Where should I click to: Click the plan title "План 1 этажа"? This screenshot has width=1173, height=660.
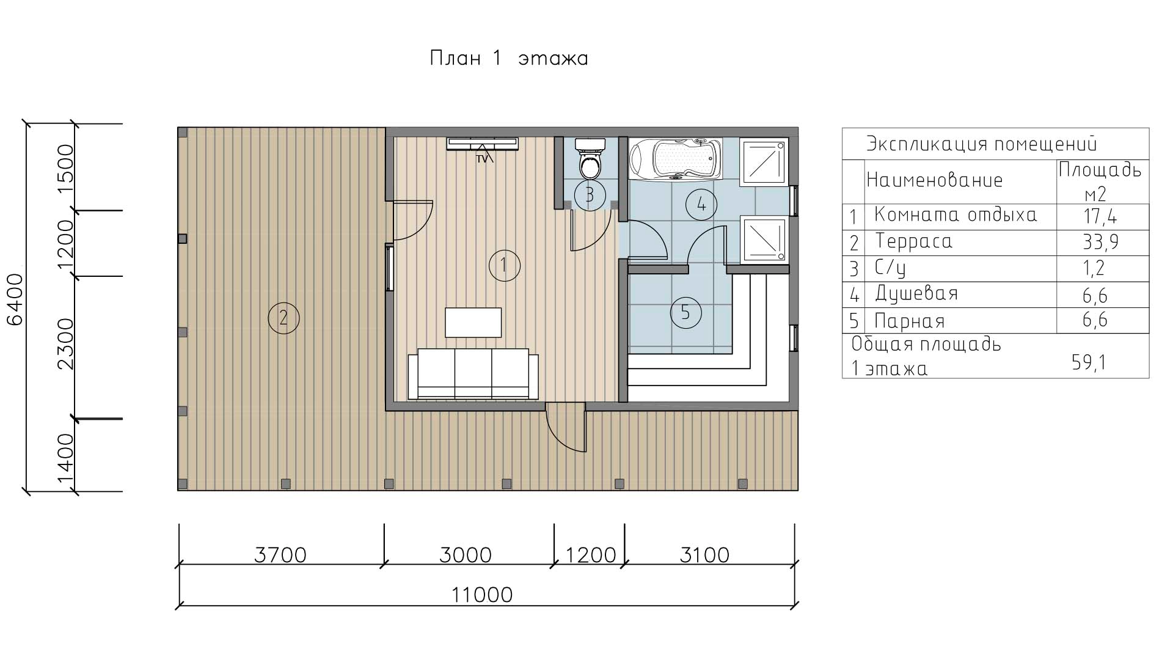(509, 59)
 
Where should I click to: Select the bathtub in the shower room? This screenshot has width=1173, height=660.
(675, 159)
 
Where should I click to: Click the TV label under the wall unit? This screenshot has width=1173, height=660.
(483, 159)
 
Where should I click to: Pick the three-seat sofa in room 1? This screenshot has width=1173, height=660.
(473, 374)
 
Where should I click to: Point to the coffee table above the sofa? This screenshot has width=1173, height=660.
(473, 323)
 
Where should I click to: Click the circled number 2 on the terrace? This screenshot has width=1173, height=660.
(283, 318)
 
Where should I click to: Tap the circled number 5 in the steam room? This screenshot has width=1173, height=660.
(685, 313)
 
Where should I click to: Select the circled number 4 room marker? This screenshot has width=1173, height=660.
(701, 205)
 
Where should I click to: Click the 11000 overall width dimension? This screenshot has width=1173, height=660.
(482, 595)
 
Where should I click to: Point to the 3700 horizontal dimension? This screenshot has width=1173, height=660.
(280, 555)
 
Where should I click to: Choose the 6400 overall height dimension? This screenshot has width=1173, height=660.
(15, 299)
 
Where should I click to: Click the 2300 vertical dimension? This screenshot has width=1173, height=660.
(65, 344)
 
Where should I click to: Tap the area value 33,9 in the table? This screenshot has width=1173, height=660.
(1100, 243)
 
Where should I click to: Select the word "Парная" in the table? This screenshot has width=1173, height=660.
(910, 321)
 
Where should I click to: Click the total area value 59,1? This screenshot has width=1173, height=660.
(1089, 363)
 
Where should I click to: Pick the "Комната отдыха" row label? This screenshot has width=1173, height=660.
(956, 215)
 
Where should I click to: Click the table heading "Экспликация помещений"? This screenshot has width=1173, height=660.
(982, 144)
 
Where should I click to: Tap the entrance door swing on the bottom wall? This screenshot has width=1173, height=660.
(565, 428)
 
